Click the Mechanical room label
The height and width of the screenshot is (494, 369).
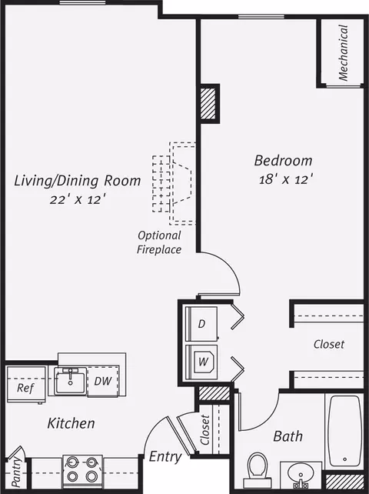pyautogui.click(x=344, y=52)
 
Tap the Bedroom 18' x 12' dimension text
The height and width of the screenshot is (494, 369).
pyautogui.click(x=286, y=179)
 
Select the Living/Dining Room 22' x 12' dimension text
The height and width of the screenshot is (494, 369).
pyautogui.click(x=78, y=200)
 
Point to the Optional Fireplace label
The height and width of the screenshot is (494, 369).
pyautogui.click(x=159, y=242)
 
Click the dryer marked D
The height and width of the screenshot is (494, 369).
pyautogui.click(x=201, y=324)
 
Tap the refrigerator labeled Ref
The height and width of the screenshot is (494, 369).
pyautogui.click(x=26, y=385)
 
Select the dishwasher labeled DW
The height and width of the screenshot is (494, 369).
pyautogui.click(x=103, y=381)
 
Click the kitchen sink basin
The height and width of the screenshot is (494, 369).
pyautogui.click(x=70, y=381)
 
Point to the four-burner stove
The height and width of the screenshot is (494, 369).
pyautogui.click(x=83, y=470)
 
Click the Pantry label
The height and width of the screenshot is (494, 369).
pyautogui.click(x=16, y=472)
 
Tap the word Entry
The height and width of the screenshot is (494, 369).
pyautogui.click(x=165, y=457)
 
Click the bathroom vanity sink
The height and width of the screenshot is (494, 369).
pyautogui.click(x=301, y=475)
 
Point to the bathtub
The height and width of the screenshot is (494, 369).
pyautogui.click(x=344, y=431)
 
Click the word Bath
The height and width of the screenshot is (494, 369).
pyautogui.click(x=288, y=436)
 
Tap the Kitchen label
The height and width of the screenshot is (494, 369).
pyautogui.click(x=71, y=423)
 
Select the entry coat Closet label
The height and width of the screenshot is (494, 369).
pyautogui.click(x=205, y=429)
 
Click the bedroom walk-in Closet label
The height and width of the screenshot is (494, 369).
pyautogui.click(x=329, y=344)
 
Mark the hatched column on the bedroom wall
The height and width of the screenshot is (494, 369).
pyautogui.click(x=208, y=103)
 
